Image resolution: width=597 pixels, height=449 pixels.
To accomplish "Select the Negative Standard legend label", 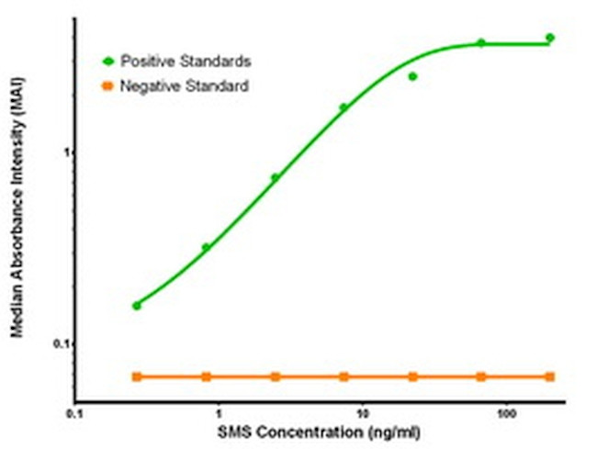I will (x=184, y=86).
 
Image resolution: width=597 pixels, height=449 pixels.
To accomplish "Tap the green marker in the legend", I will (x=108, y=62).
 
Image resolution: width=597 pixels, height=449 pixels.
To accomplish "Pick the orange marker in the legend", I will (x=108, y=86).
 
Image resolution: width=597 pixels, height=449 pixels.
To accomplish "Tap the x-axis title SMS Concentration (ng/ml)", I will (x=320, y=432).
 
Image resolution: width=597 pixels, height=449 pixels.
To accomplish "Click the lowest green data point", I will (x=137, y=305).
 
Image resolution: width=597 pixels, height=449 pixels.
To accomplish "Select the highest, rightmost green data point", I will (x=550, y=38).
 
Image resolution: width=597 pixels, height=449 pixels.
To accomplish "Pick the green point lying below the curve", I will (x=412, y=76).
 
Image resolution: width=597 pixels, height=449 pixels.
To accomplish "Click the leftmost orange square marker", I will (x=137, y=376).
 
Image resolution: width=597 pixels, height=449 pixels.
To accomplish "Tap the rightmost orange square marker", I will (x=550, y=376).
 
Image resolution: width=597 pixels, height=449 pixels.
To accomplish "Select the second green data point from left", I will (x=206, y=247).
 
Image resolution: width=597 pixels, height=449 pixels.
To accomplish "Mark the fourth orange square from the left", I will (x=344, y=376).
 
